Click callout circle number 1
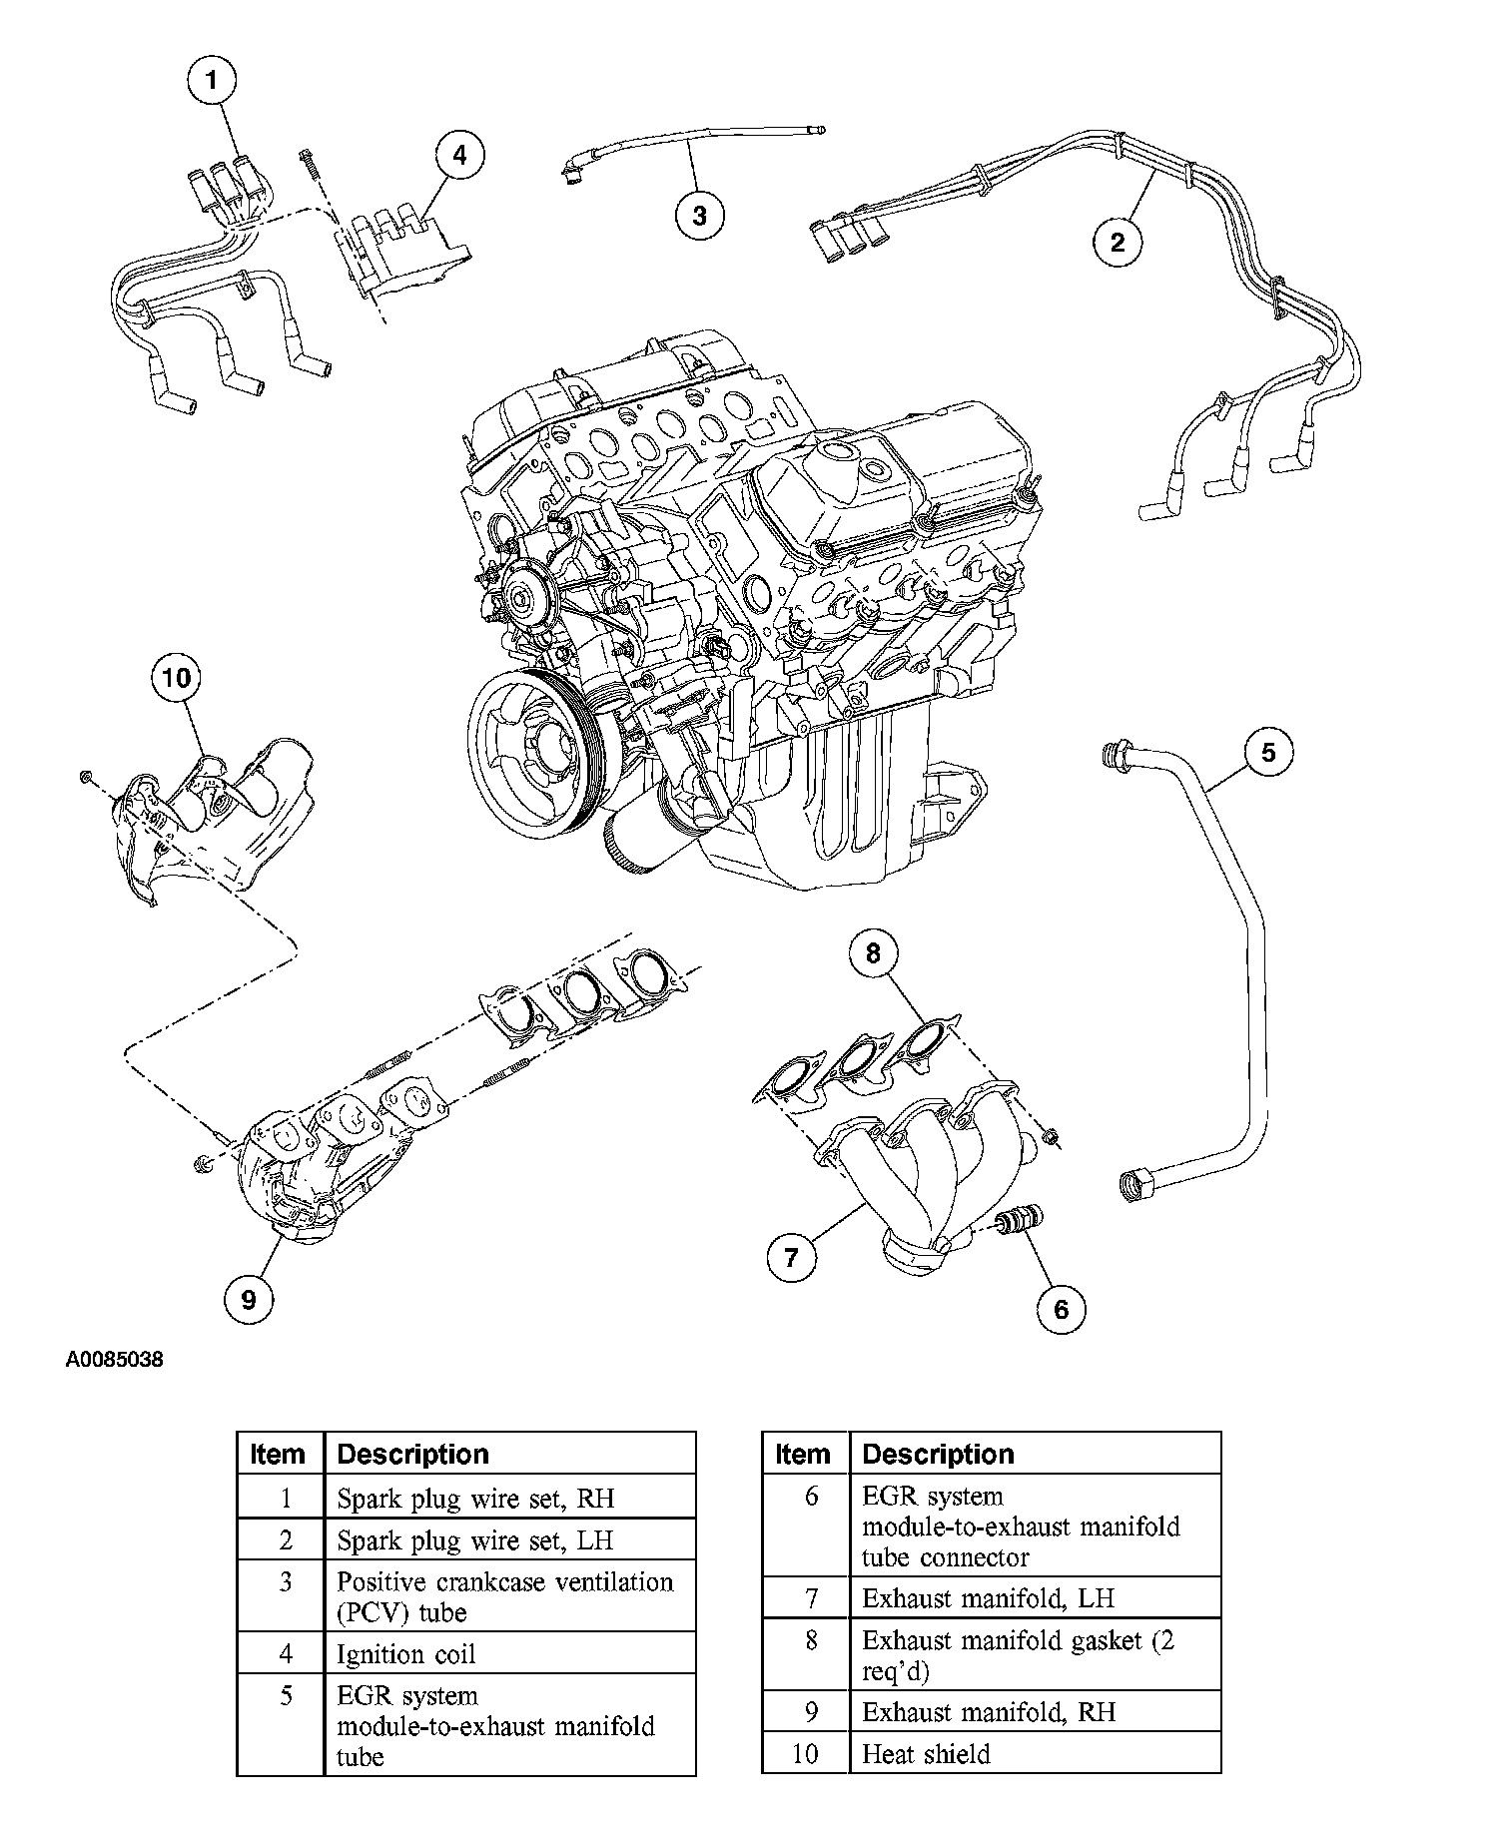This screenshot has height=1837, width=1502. pos(211,82)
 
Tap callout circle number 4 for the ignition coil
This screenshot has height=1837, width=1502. pos(458,156)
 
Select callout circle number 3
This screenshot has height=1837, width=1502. pos(699,215)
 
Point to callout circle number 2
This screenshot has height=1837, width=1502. pos(1118,241)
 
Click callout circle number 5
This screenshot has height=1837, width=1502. pos(1268,752)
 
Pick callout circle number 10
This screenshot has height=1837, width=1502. pos(176,679)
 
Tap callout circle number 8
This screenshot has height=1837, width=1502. pos(873,953)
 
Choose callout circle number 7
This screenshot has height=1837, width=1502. pos(792,1256)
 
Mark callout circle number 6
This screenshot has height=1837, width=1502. pos(1061,1308)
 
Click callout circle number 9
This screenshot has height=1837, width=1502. pos(249,1299)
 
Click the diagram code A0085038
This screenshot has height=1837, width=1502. pos(115,1360)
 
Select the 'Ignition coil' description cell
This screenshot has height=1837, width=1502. pos(510,1653)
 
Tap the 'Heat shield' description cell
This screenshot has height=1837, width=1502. pos(1036,1754)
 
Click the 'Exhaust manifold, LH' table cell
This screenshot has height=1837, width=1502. pos(1036,1597)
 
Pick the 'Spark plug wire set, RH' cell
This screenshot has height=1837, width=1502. pos(510,1498)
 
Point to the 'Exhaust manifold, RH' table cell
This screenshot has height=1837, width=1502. pos(1036,1711)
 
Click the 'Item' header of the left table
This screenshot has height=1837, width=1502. pos(281,1454)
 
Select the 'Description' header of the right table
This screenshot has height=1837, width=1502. pos(1036,1454)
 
